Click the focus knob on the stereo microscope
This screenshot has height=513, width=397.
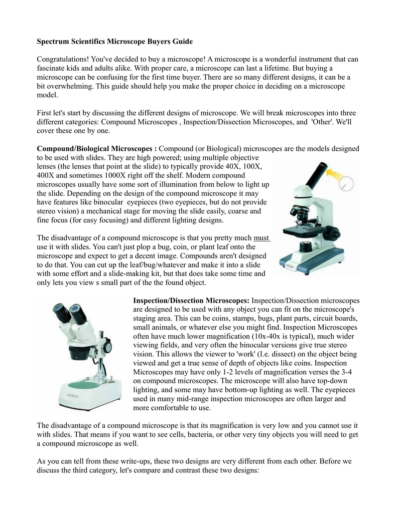point(107,345)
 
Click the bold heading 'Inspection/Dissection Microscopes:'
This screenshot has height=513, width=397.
point(191,301)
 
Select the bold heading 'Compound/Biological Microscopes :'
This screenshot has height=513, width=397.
point(97,149)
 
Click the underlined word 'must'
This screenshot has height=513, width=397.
point(262,238)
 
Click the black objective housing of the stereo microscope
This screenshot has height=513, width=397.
point(80,352)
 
